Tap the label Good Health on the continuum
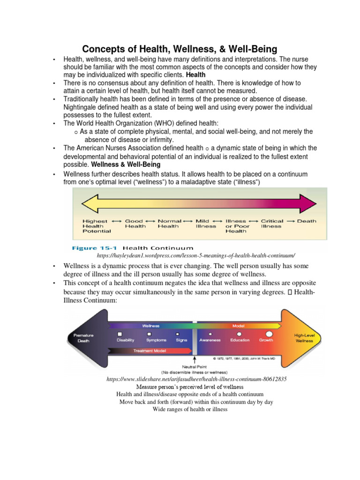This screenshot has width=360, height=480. pyautogui.click(x=134, y=223)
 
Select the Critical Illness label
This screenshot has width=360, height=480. pyautogui.click(x=272, y=223)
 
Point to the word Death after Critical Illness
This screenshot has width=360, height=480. pyautogui.click(x=307, y=221)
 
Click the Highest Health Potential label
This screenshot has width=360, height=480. pyautogui.click(x=96, y=225)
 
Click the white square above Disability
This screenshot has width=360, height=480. pyautogui.click(x=126, y=333)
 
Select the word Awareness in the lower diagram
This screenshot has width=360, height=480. pyautogui.click(x=210, y=340)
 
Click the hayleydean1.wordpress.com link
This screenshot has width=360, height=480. pyautogui.click(x=196, y=255)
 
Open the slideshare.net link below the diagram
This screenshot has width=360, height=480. pyautogui.click(x=197, y=378)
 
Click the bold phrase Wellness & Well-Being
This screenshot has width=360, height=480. pyautogui.click(x=126, y=165)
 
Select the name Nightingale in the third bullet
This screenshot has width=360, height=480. pyautogui.click(x=82, y=107)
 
